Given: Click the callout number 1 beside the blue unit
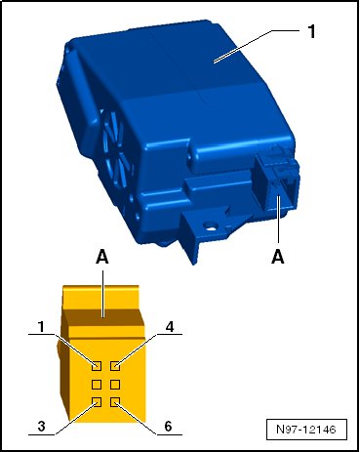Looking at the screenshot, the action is [x=311, y=32].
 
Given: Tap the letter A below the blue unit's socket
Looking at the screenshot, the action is [x=278, y=257].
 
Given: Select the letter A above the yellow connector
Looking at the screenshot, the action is [x=102, y=257].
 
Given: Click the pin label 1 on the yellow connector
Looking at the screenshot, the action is [x=41, y=327].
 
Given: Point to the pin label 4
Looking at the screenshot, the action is [x=170, y=327].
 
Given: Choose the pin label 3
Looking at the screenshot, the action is [x=41, y=426].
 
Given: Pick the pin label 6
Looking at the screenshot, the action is [x=168, y=426].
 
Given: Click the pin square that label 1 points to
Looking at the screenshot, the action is [x=97, y=366].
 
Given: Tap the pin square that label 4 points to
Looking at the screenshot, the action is [x=115, y=366].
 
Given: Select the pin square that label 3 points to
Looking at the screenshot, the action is [x=97, y=402].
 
